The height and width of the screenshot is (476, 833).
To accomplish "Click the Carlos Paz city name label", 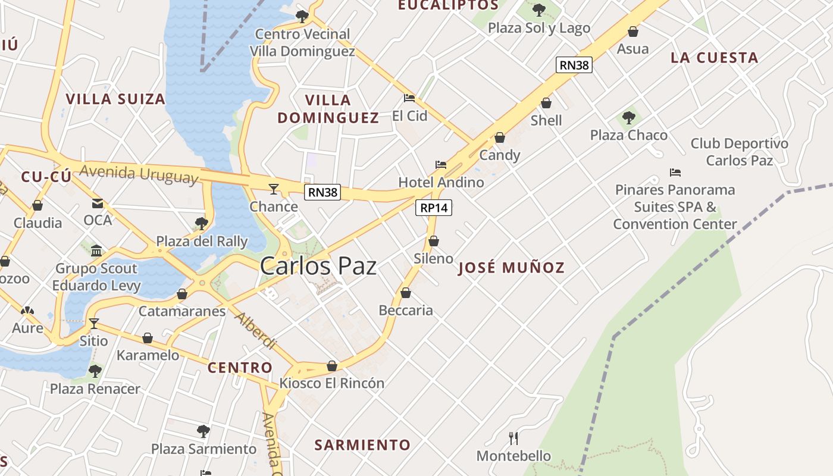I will coord(318,265).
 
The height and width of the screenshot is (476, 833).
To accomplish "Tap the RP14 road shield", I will coord(433,208).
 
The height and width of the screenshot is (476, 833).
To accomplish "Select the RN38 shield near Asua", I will coord(574,65).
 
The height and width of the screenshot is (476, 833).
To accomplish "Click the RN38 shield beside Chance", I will coord(322,192).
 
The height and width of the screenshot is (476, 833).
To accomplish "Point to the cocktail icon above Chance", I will coord(274,189).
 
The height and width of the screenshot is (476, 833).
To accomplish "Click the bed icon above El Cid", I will coord(409,98).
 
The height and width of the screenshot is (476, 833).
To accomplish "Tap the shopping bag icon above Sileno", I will coord(434,241).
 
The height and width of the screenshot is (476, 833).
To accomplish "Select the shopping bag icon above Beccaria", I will coord(406,293).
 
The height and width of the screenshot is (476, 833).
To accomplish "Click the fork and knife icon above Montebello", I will coord(513,439).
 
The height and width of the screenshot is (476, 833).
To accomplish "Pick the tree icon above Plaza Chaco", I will coord(629,118).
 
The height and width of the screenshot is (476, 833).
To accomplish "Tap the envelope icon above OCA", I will coord(98,203).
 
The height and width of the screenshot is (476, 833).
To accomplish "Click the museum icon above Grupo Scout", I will coord(96,250).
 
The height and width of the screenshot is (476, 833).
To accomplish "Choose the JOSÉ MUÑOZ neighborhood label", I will coord(511,268).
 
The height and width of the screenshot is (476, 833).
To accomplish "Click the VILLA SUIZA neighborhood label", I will coord(115,99).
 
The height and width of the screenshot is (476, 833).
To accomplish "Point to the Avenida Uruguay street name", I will coord(139,174).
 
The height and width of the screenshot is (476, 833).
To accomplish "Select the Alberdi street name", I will coord(256,330).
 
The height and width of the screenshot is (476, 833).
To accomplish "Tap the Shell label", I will coord(546,120).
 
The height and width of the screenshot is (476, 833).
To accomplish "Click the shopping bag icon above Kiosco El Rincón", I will coord(332,366).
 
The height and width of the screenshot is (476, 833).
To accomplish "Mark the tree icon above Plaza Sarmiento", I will coord(203,431).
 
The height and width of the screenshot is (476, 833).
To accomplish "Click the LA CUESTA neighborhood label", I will coord(714,58).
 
